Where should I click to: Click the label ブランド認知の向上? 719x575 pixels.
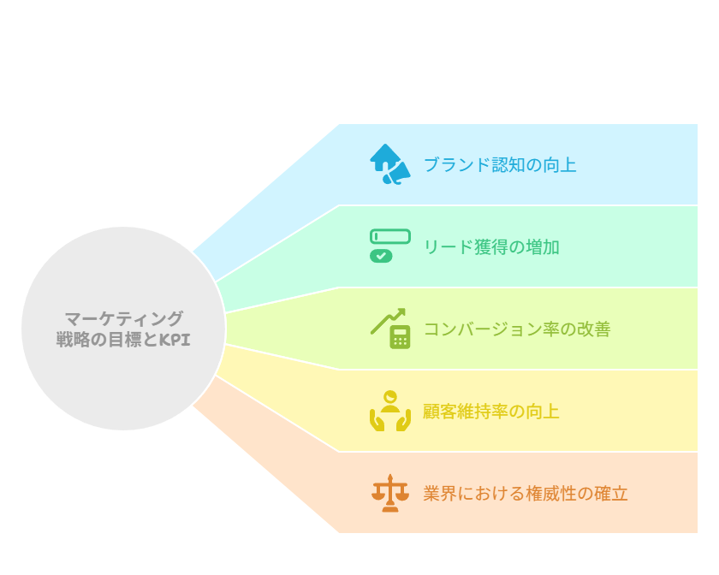500,164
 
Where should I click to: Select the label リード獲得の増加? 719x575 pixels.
491,246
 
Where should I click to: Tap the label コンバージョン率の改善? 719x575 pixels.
517,329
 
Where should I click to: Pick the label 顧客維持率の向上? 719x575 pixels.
491,412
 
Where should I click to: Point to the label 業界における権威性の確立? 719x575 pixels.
526,494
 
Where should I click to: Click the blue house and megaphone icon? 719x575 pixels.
390,164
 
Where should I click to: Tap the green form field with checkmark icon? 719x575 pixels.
390,246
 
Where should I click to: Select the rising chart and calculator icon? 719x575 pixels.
390,329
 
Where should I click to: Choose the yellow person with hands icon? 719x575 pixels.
390,411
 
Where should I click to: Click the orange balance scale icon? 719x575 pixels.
390,493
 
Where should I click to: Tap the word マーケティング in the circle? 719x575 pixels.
124,318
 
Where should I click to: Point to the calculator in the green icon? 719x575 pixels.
400,337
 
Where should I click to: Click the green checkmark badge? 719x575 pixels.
381,257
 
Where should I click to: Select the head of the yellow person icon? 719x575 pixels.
390,396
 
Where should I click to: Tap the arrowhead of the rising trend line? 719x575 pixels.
401,311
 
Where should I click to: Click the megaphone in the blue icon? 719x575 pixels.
397,174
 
